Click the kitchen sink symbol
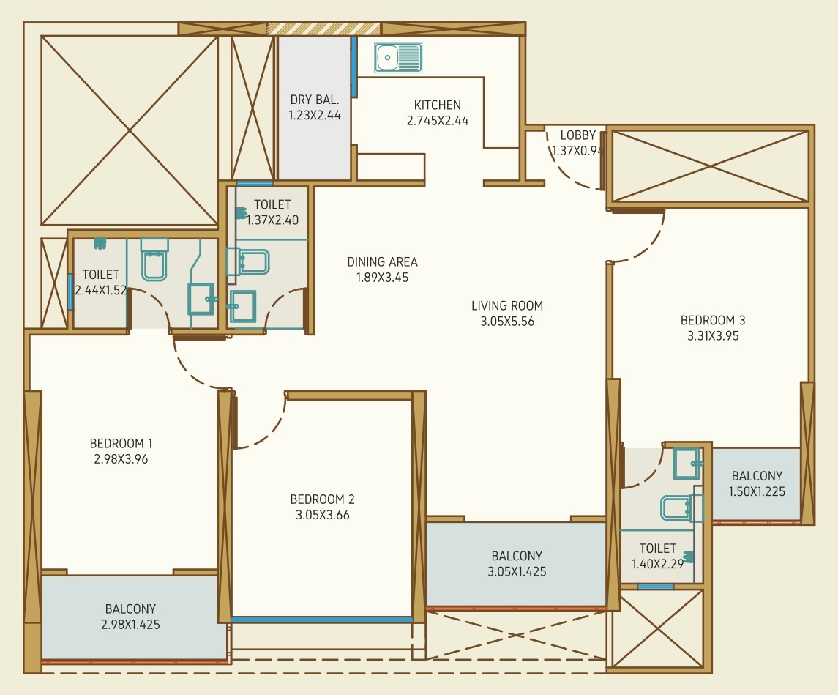(x=398, y=58)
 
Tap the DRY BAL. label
(x=314, y=100)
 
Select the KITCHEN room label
(x=437, y=105)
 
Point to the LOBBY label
(x=577, y=135)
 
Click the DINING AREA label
(x=382, y=262)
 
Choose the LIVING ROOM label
(x=507, y=306)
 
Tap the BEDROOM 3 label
(x=713, y=320)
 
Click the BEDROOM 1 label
(x=121, y=443)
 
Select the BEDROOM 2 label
(x=322, y=499)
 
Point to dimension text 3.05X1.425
(x=517, y=571)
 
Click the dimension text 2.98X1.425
(x=130, y=625)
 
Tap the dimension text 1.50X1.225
(x=757, y=491)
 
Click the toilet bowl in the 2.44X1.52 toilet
(x=154, y=260)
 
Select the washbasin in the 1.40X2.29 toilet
(x=687, y=463)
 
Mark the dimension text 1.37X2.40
(x=272, y=220)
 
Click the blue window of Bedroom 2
(x=322, y=620)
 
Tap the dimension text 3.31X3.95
(x=713, y=335)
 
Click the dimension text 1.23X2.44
(x=314, y=115)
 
